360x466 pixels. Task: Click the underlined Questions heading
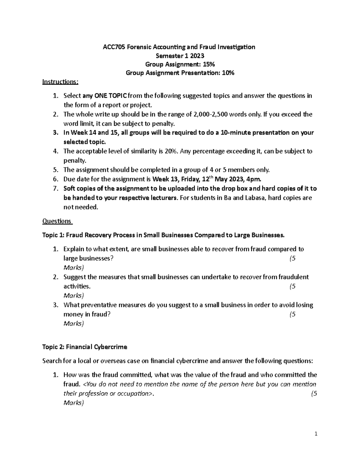coord(56,221)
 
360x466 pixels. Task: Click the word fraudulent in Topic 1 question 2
coord(293,277)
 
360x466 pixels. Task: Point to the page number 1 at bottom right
coord(316,434)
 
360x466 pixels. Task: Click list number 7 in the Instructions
coord(55,189)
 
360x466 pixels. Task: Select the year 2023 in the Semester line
coord(197,56)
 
